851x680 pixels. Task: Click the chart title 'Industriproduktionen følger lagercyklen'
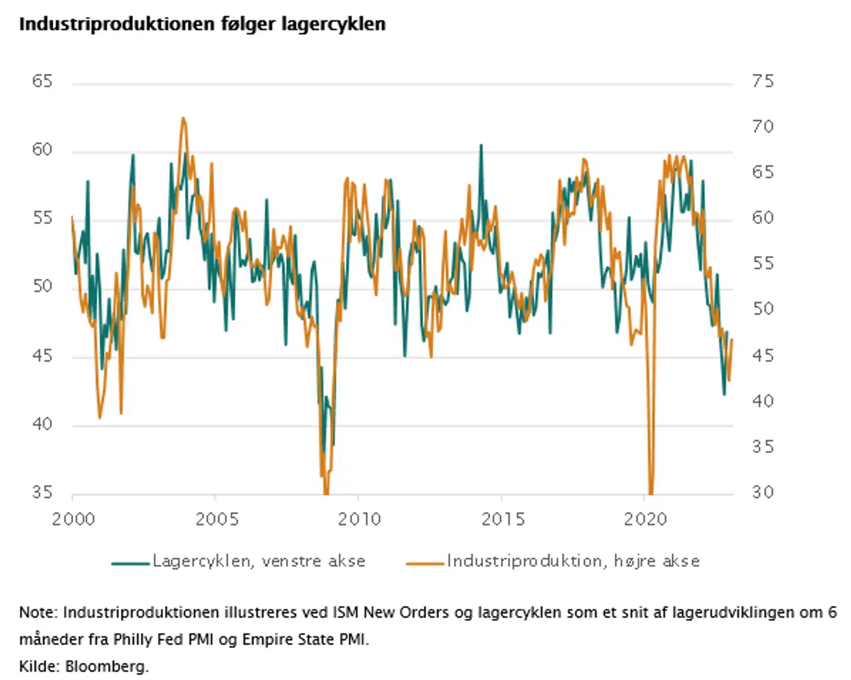click(202, 24)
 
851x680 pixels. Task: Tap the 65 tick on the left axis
click(42, 81)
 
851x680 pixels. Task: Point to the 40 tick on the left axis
click(42, 424)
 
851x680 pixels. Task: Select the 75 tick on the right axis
click(762, 81)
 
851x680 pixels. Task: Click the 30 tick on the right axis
click(762, 492)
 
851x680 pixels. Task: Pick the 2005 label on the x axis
click(217, 519)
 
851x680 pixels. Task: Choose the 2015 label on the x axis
click(503, 519)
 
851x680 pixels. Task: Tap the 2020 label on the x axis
click(645, 519)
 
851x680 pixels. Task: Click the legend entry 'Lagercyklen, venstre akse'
click(258, 561)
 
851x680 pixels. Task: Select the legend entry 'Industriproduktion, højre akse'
click(573, 561)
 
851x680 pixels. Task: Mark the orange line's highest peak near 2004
click(183, 119)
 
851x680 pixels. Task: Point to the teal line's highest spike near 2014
click(481, 145)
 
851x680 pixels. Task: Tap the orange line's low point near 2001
click(99, 417)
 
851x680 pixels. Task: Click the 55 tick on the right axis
click(762, 263)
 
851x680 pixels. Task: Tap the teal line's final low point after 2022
click(724, 394)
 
